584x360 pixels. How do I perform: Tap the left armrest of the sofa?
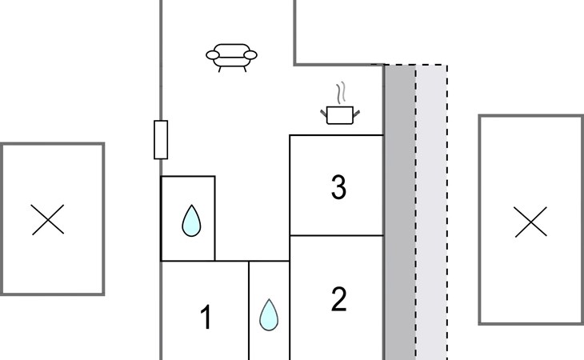[x=212, y=55]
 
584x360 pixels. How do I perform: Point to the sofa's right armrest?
[x=251, y=55]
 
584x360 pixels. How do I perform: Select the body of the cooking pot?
[x=340, y=115]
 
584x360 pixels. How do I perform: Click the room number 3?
[x=338, y=187]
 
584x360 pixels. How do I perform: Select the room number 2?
[x=338, y=299]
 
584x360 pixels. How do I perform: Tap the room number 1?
[x=206, y=318]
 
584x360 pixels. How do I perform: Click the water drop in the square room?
[x=190, y=221]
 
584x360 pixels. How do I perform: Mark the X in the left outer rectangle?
[x=48, y=219]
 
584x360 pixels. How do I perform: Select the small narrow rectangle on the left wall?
[x=161, y=139]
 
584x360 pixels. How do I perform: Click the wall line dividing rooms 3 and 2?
[x=336, y=236]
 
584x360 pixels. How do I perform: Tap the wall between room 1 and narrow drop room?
[x=249, y=312]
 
